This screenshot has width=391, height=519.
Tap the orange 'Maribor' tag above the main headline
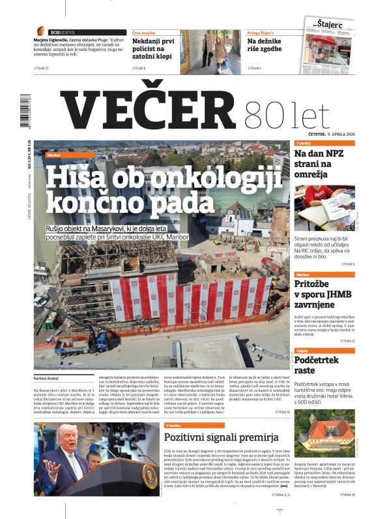pyautogui.click(x=55, y=155)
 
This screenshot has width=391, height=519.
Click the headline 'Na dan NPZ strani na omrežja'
pyautogui.click(x=324, y=166)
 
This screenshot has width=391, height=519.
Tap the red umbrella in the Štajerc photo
pyautogui.click(x=326, y=46)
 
